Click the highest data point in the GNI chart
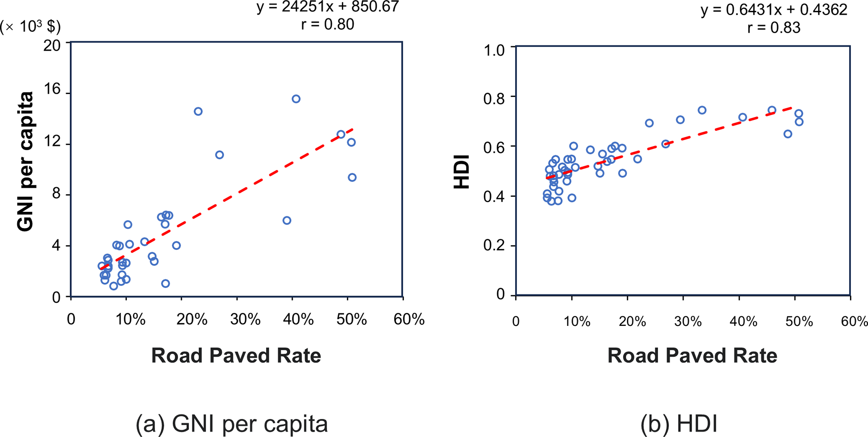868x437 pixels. pyautogui.click(x=296, y=99)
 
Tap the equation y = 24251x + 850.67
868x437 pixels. pyautogui.click(x=328, y=7)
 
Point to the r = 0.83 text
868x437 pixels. pyautogui.click(x=774, y=28)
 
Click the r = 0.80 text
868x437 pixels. pyautogui.click(x=328, y=24)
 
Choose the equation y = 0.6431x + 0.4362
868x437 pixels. pyautogui.click(x=774, y=10)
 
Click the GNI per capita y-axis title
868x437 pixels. pyautogui.click(x=25, y=161)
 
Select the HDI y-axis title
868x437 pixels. pyautogui.click(x=462, y=172)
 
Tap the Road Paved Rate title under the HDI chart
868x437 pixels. pyautogui.click(x=692, y=356)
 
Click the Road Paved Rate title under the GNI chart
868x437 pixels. pyautogui.click(x=236, y=356)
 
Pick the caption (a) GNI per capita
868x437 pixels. pyautogui.click(x=231, y=424)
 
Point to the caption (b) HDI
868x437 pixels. pyautogui.click(x=679, y=424)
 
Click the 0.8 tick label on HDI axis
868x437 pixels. pyautogui.click(x=494, y=99)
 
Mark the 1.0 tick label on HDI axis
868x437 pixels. pyautogui.click(x=494, y=50)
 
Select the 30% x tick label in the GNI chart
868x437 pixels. pyautogui.click(x=245, y=320)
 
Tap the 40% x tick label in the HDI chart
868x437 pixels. pyautogui.click(x=743, y=322)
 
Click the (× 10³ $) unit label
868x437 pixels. pyautogui.click(x=30, y=27)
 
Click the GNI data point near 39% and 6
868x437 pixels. pyautogui.click(x=287, y=221)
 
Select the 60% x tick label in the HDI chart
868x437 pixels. pyautogui.click(x=854, y=322)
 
